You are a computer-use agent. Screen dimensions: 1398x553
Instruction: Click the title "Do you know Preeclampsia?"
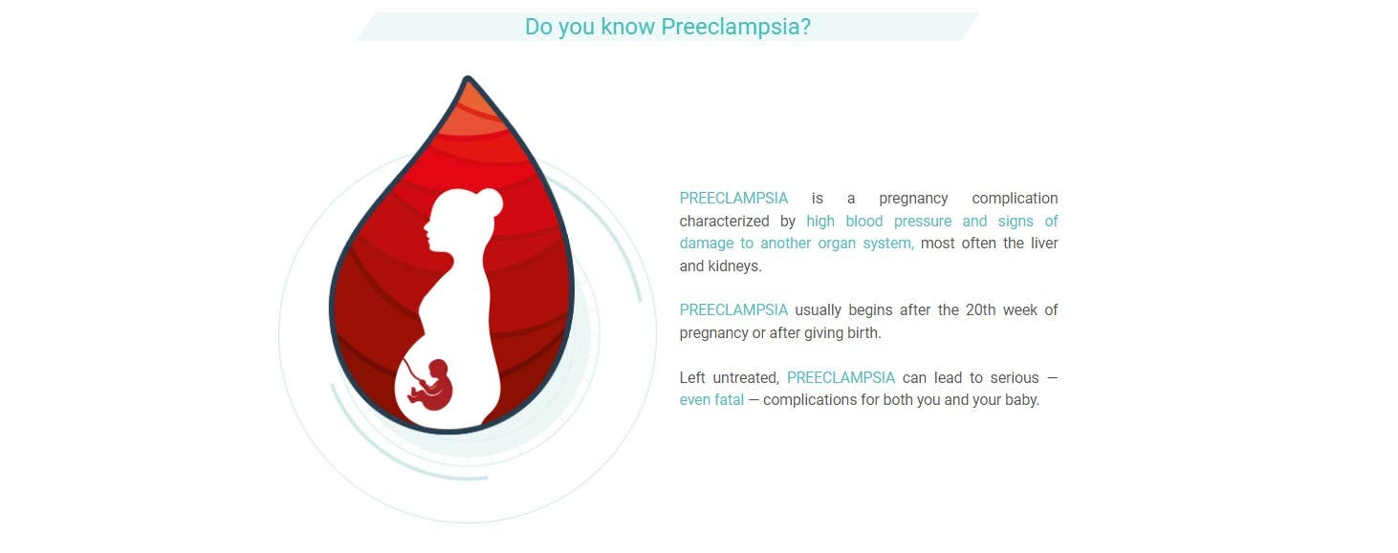(x=667, y=28)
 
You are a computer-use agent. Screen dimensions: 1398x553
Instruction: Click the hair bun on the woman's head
(x=489, y=202)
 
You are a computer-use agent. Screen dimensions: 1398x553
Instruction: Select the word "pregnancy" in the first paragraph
(x=913, y=199)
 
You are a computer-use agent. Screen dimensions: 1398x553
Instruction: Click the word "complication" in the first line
(x=1015, y=199)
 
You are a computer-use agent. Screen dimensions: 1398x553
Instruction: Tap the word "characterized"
(x=724, y=222)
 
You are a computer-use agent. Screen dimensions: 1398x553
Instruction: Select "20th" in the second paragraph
(x=980, y=309)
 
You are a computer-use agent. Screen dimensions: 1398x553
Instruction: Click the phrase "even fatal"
(x=711, y=399)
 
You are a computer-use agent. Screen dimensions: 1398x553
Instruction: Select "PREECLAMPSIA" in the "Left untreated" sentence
(x=841, y=378)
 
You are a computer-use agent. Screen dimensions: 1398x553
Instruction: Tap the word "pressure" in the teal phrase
(x=923, y=222)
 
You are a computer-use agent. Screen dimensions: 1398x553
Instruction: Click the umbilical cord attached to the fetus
(x=413, y=372)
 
